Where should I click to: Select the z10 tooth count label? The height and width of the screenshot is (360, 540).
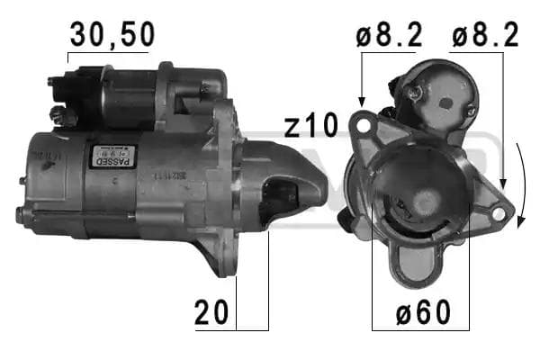311,126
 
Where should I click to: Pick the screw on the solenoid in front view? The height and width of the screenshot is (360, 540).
415,93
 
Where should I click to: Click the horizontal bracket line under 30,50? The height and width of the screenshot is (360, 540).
108,52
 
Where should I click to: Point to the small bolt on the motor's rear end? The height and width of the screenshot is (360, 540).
19,214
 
